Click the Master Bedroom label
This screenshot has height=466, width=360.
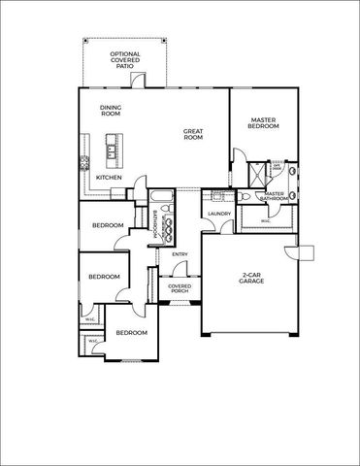264,122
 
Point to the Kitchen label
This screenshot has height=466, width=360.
108,178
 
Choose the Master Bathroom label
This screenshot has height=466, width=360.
275,197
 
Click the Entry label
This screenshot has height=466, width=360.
179,255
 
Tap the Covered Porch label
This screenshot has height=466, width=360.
179,289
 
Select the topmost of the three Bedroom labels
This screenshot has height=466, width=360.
108,226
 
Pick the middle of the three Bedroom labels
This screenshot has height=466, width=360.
103,277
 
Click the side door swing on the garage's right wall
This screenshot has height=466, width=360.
304,252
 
